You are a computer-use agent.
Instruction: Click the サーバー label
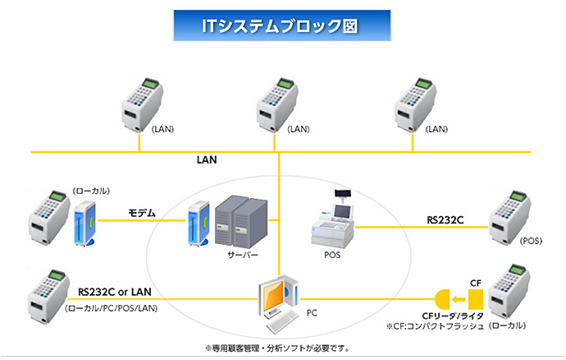(243, 256)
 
